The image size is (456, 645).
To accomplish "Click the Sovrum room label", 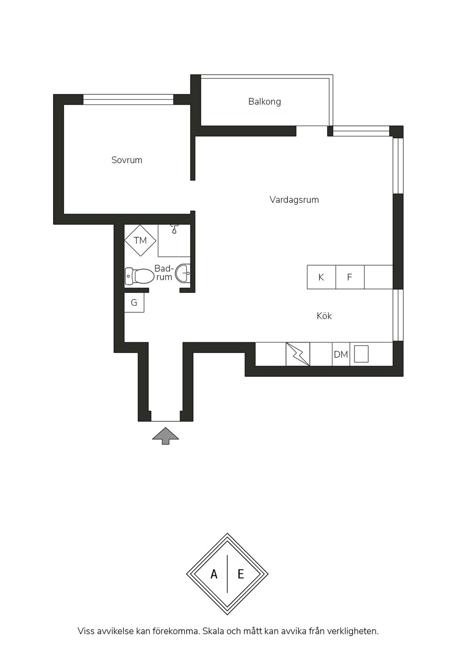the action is (x=127, y=160).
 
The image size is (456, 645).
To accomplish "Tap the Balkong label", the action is (x=264, y=101).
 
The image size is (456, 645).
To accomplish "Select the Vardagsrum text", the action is (x=294, y=200).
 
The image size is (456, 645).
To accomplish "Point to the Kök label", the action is (x=324, y=316).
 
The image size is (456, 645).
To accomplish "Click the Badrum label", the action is (x=164, y=273).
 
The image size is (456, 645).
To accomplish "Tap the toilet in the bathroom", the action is (x=139, y=276).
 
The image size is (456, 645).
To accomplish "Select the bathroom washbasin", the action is (x=183, y=273).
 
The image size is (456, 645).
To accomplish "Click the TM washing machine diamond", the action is (x=140, y=241).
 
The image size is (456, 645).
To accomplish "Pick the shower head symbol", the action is (x=174, y=229).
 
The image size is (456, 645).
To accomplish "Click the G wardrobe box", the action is (x=134, y=303).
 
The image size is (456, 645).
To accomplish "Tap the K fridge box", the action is (x=321, y=277).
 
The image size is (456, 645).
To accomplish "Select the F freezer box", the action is (x=350, y=277).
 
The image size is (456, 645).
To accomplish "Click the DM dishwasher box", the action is (x=341, y=354).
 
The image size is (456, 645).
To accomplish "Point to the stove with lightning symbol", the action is (x=298, y=354).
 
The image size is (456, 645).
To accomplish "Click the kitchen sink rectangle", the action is (x=361, y=354).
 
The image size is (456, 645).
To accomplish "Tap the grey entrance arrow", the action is (x=165, y=436).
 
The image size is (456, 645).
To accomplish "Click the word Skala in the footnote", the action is (x=213, y=631).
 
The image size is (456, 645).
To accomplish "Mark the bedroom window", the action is (x=128, y=100).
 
